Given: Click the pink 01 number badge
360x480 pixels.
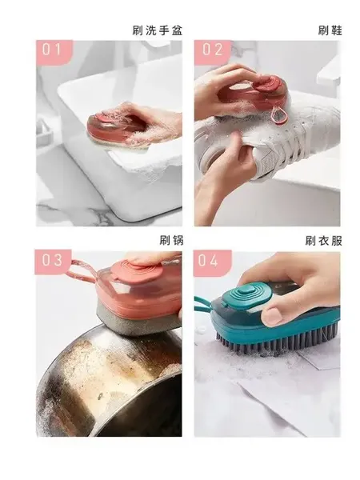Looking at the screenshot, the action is click(x=54, y=52).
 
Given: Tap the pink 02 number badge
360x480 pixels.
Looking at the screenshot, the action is click(x=213, y=52).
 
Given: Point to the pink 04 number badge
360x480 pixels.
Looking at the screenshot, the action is click(x=213, y=262).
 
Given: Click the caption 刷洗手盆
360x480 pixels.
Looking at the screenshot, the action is click(x=158, y=30).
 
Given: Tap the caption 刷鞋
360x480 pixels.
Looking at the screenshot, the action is click(x=330, y=30).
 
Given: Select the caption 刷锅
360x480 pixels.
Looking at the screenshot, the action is click(x=171, y=240).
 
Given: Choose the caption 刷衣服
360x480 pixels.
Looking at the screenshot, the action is click(x=323, y=241).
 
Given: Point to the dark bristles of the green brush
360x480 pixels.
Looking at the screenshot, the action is click(x=275, y=342).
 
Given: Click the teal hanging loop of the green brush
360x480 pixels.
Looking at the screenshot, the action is click(x=206, y=302).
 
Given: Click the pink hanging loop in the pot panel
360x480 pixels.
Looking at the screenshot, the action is click(x=80, y=269).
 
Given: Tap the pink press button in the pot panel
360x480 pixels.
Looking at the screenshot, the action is click(x=143, y=267).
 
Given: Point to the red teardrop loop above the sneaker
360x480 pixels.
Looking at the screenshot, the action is click(x=277, y=114).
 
